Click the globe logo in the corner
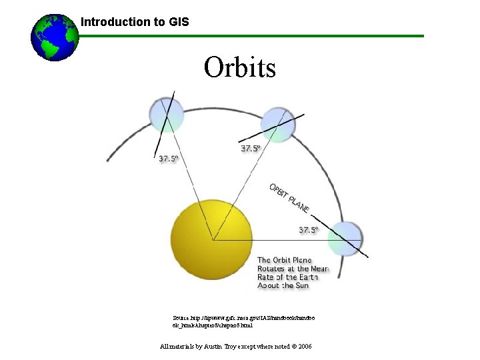(x=55, y=37)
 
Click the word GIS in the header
(x=179, y=22)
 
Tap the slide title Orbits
(x=240, y=67)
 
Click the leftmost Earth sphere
(x=166, y=115)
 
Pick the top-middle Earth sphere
(x=277, y=124)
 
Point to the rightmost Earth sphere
(x=346, y=239)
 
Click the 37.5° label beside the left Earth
(x=168, y=159)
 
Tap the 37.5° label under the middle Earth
(x=251, y=149)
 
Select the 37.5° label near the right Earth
(x=309, y=230)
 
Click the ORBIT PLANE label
(x=289, y=198)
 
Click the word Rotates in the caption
(x=273, y=269)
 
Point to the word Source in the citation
(x=181, y=319)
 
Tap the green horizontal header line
(x=267, y=36)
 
